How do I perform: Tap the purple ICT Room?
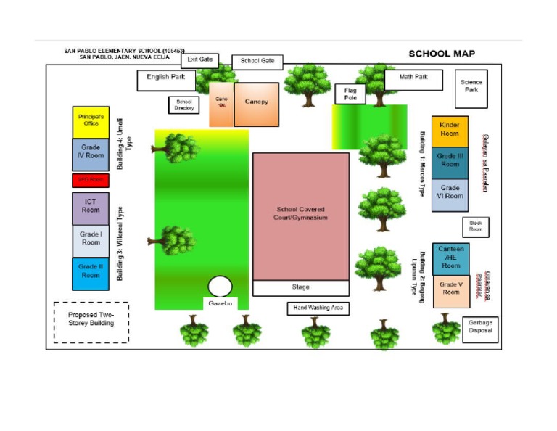[x=91, y=208]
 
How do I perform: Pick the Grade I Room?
[x=91, y=240]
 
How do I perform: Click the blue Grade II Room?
[x=91, y=274]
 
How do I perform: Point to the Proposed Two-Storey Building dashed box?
[x=91, y=321]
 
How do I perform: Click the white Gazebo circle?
[x=220, y=287]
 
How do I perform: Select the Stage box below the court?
[x=300, y=287]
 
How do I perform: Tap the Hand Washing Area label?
[x=318, y=308]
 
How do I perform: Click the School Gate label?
[x=257, y=62]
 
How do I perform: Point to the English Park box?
[x=166, y=80]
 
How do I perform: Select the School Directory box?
[x=184, y=105]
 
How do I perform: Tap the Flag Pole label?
[x=350, y=94]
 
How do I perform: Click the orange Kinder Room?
[x=450, y=131]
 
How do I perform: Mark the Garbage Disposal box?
[x=480, y=329]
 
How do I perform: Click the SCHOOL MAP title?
[x=442, y=54]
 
